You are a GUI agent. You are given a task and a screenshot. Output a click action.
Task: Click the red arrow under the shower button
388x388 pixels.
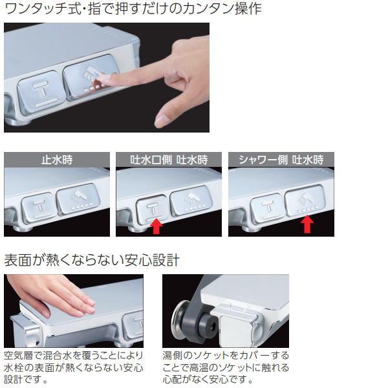click(307, 224)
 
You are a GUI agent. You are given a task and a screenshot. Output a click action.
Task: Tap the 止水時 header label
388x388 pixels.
click(57, 160)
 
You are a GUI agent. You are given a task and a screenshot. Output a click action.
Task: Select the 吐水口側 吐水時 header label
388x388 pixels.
click(169, 160)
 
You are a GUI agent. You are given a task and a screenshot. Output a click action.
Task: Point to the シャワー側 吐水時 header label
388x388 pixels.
click(281, 160)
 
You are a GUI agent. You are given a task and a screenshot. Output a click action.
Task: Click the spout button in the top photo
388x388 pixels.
click(41, 92)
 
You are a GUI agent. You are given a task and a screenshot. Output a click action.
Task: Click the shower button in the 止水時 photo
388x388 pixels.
click(78, 199)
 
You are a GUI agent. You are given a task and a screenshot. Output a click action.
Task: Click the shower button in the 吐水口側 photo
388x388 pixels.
click(191, 201)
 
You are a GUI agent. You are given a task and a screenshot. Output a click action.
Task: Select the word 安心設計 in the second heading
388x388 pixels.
click(152, 261)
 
